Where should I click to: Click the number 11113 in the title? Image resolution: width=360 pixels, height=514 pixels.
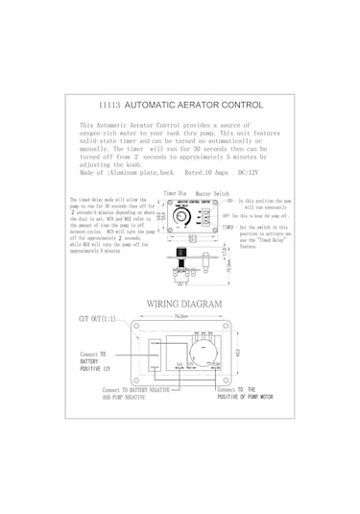tap(111, 106)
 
